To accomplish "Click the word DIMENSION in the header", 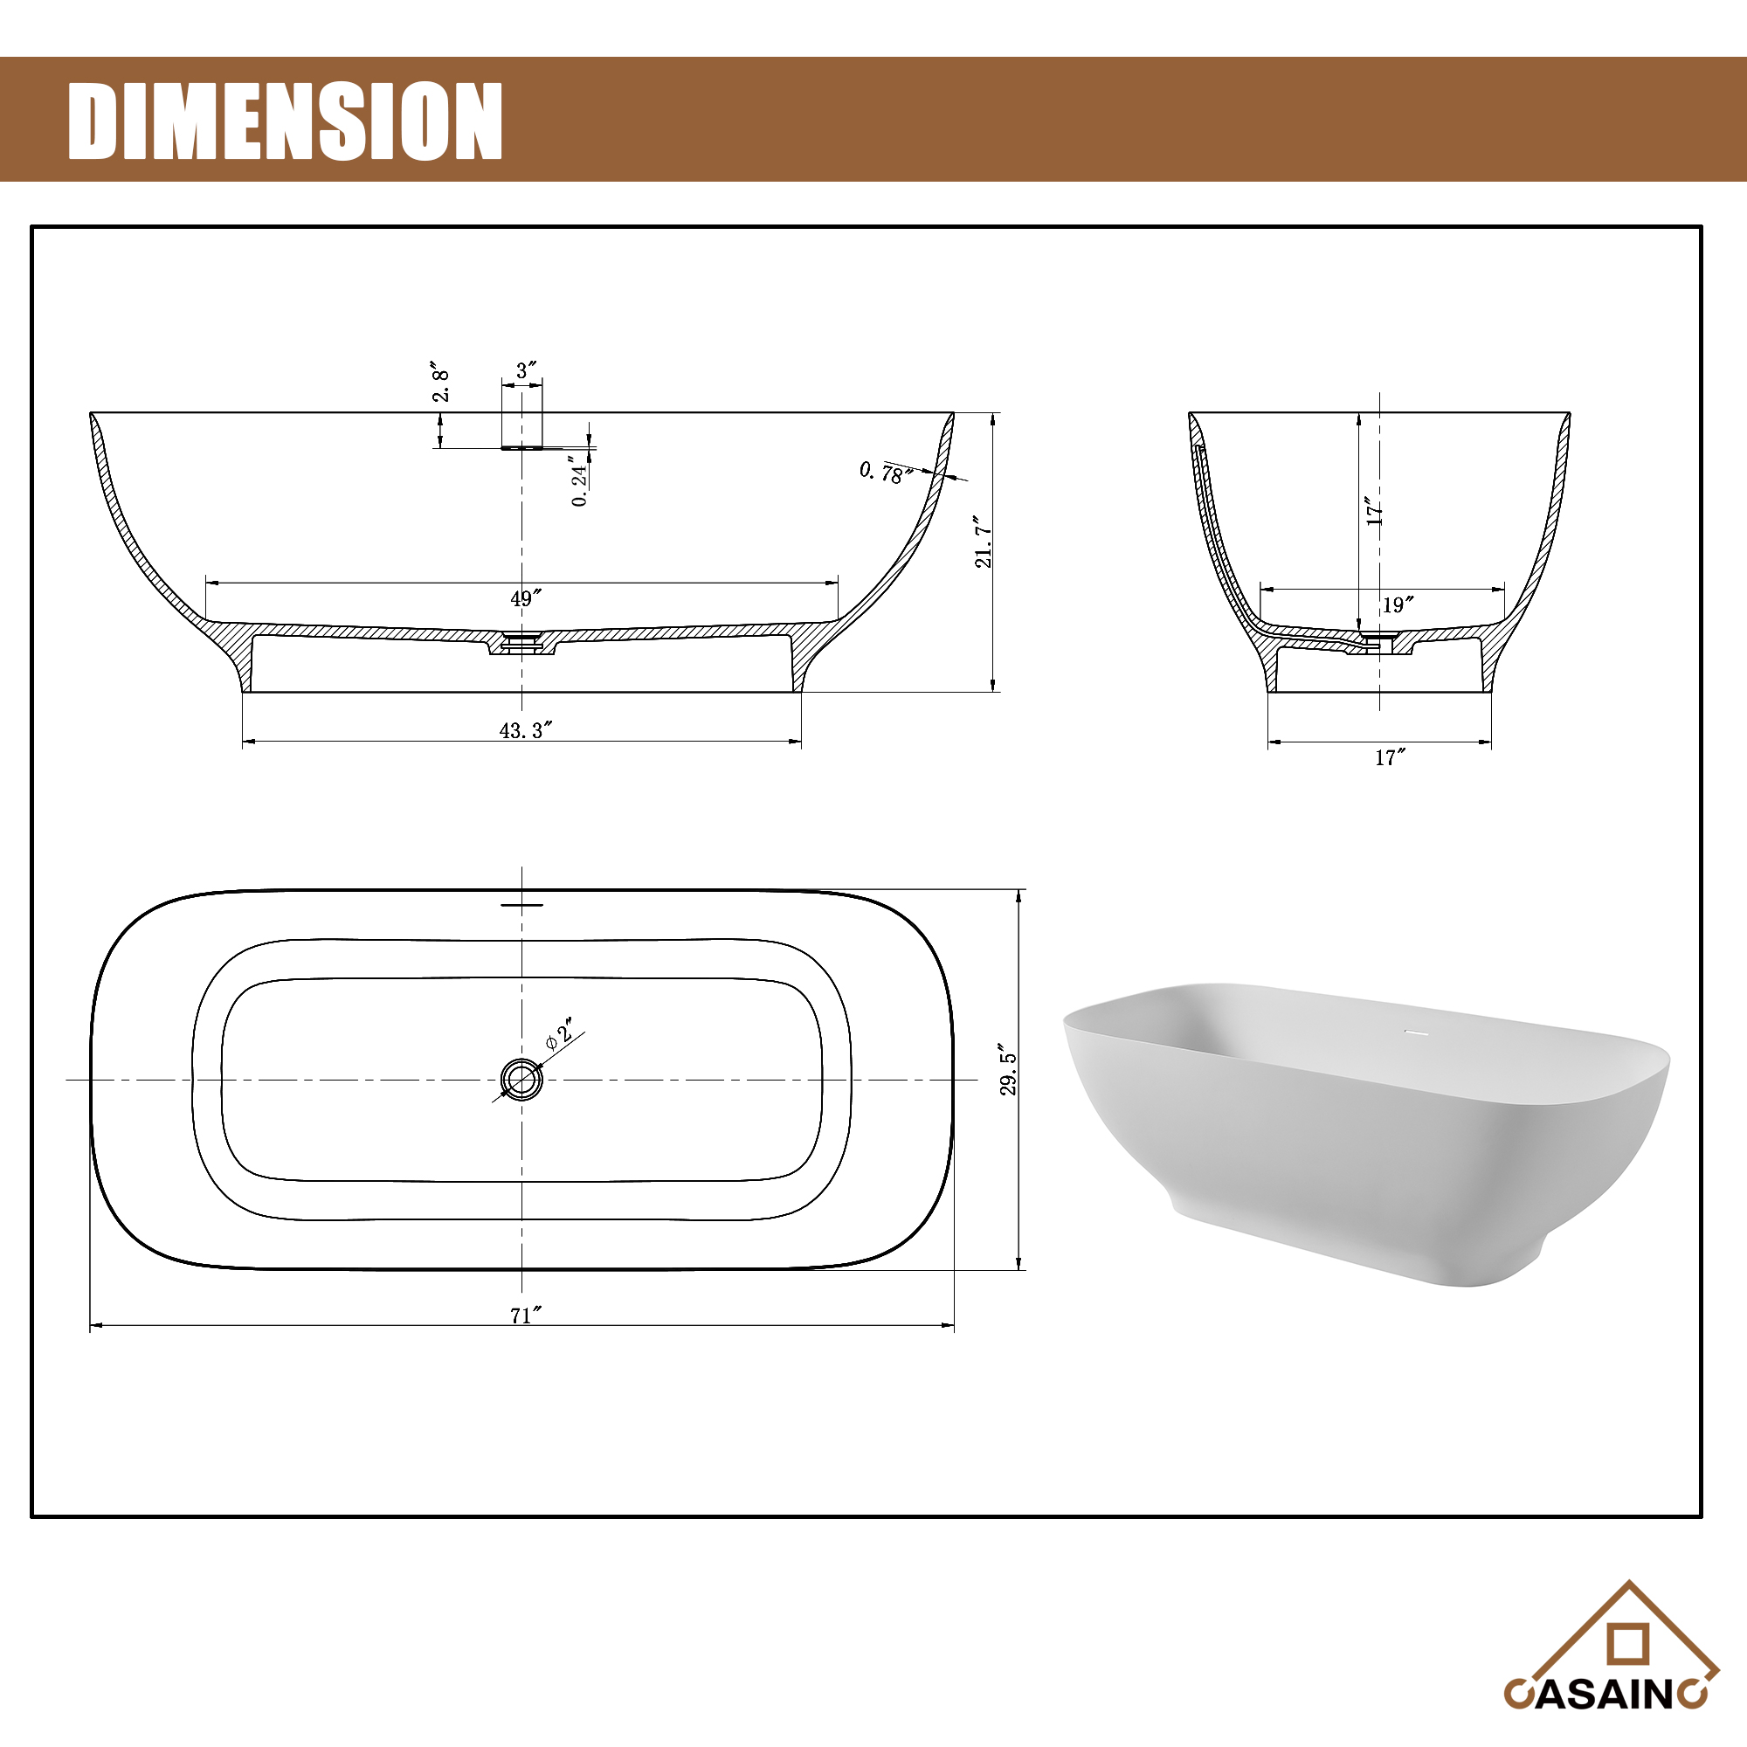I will [285, 121].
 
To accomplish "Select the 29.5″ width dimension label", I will [1008, 1074].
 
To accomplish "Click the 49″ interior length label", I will [525, 598].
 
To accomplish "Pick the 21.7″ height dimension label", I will [984, 542].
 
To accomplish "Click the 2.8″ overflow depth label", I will [440, 383].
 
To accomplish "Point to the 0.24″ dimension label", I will [580, 482].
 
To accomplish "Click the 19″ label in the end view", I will [1397, 605].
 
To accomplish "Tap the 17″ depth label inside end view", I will [1374, 512].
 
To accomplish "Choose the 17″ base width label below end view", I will [1390, 757].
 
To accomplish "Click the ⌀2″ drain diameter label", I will [561, 1033].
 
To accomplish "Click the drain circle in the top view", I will [521, 1079].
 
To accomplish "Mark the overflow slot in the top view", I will [521, 903].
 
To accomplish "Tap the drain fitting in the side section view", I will [521, 643].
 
